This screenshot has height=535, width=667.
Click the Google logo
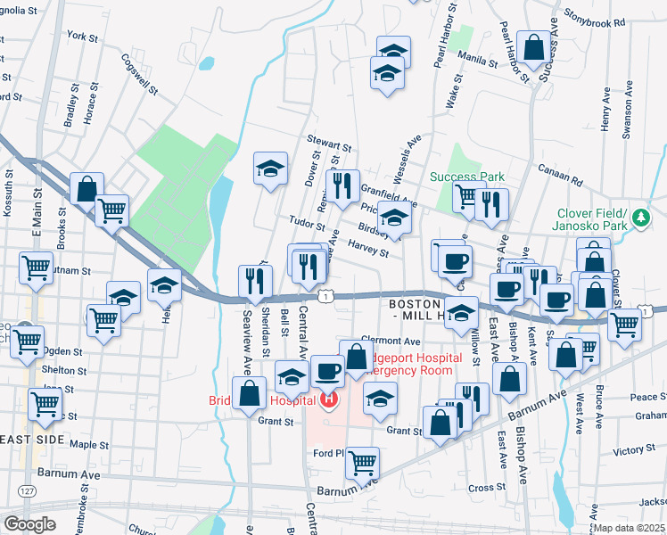30,524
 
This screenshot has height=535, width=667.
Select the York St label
81,37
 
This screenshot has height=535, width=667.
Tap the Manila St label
480,62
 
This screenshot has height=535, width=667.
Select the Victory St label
634,451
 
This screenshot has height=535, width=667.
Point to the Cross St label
486,488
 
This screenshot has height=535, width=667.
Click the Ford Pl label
328,453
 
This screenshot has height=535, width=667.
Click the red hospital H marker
329,400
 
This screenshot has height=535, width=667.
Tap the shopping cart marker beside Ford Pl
363,461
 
